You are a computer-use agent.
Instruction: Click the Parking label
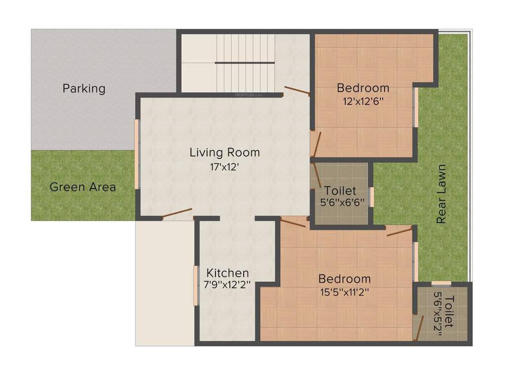pos(84,89)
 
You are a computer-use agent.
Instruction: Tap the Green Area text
pos(83,188)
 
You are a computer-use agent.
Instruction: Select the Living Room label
pos(225,152)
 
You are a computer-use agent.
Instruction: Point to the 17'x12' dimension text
pos(225,167)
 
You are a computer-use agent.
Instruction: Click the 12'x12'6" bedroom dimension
pos(363,101)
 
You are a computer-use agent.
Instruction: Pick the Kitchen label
pos(227,273)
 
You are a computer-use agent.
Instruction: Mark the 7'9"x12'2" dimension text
pos(227,285)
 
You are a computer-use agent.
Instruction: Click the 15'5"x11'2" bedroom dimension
pos(344,292)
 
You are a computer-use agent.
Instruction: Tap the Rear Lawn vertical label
pos(441,194)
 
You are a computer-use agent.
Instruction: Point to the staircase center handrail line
pos(245,63)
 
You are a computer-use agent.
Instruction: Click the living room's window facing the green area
pos(137,154)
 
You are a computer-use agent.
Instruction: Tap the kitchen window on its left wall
pos(196,286)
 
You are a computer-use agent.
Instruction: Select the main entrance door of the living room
pos(176,214)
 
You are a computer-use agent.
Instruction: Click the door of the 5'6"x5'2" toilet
pos(420,328)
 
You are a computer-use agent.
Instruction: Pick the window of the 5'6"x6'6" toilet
pos(372,196)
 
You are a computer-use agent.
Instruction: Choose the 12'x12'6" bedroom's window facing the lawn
pos(416,107)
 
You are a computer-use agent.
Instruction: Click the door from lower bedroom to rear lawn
pos(399,231)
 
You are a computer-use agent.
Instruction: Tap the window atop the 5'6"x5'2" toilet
pos(441,283)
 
